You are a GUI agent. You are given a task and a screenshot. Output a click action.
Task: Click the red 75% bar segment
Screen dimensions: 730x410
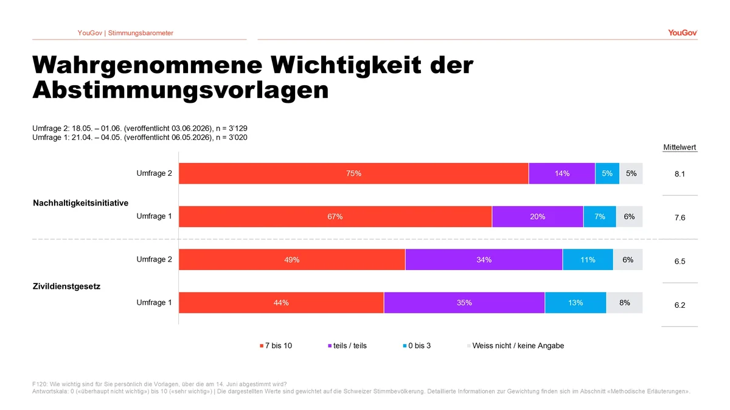click(x=353, y=173)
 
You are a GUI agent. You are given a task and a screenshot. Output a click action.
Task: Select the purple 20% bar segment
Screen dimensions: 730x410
click(x=538, y=217)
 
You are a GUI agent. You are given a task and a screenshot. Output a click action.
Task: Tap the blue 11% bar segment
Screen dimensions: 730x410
click(x=588, y=259)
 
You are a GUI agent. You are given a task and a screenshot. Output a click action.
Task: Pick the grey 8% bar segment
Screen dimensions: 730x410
click(x=624, y=302)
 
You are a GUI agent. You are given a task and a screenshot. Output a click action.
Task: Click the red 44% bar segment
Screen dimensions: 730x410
click(x=281, y=302)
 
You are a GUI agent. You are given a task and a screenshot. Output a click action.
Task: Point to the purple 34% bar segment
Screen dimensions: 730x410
click(x=484, y=259)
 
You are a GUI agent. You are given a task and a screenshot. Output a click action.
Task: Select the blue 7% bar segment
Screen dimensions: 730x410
click(x=600, y=217)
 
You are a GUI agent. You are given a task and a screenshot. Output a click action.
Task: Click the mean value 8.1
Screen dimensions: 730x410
click(x=680, y=174)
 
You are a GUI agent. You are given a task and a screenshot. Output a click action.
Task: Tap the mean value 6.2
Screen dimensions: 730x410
click(x=680, y=305)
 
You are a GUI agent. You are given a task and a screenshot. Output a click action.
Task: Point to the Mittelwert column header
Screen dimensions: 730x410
click(x=680, y=147)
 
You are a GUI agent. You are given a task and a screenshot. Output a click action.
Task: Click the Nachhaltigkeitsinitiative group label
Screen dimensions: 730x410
click(x=80, y=203)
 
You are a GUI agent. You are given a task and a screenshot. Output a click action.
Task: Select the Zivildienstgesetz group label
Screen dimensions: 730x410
click(x=66, y=287)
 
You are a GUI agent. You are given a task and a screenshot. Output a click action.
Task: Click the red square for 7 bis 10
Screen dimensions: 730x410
click(x=262, y=346)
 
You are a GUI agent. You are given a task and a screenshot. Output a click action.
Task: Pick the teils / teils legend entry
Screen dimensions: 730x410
click(x=347, y=346)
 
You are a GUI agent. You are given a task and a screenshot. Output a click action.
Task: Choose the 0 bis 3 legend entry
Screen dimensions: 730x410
click(x=417, y=346)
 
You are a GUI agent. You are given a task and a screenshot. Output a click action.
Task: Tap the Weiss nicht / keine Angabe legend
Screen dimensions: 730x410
click(x=516, y=346)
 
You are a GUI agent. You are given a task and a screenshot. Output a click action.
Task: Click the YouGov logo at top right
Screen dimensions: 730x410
click(x=683, y=33)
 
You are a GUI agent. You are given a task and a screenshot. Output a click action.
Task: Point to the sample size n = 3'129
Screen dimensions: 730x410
click(x=231, y=128)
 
